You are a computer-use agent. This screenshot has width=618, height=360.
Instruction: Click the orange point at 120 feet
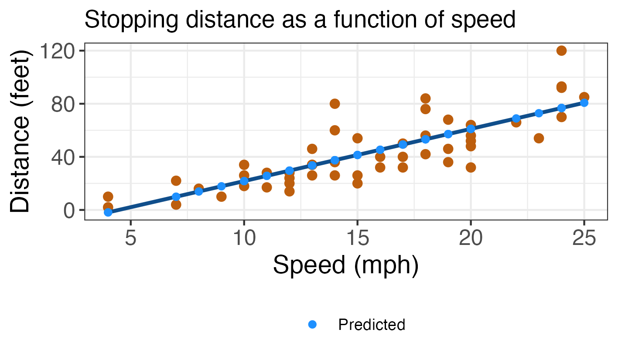[561, 51]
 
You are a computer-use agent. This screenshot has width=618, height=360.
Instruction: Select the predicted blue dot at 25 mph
[584, 102]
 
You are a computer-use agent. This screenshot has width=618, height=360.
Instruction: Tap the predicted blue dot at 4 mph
[108, 212]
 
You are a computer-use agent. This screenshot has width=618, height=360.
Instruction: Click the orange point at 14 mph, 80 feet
[335, 104]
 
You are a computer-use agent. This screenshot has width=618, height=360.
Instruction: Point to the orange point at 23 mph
[539, 138]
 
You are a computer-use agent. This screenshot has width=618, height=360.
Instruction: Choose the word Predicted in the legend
[372, 325]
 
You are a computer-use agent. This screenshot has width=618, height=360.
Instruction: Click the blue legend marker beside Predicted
[312, 324]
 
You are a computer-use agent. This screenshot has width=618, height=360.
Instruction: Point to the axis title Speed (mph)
[346, 265]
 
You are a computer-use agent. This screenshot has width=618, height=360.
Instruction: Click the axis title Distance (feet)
[21, 131]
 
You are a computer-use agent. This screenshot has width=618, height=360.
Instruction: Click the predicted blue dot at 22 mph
[516, 119]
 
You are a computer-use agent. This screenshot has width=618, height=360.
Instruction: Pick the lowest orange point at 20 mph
[471, 167]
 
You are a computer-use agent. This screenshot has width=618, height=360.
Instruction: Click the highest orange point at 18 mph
[425, 98]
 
